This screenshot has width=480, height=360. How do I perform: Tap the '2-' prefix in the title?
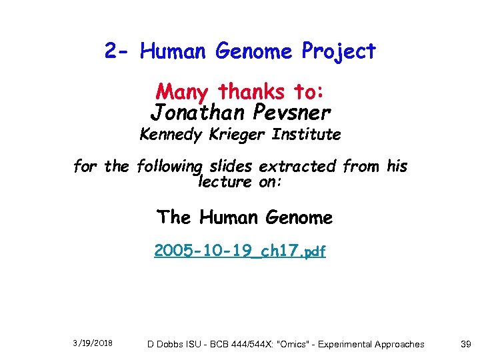[119, 51]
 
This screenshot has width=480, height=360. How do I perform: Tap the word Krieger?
[235, 135]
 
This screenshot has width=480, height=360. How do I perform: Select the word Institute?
[306, 135]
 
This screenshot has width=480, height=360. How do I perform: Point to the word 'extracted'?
[297, 167]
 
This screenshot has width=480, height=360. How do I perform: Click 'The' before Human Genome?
[174, 217]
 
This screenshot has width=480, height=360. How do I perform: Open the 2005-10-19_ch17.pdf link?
[239, 251]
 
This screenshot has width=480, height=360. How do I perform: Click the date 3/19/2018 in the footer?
[93, 343]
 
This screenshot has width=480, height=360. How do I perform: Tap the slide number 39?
[466, 344]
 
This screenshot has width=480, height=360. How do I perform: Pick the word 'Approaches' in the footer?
[398, 344]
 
